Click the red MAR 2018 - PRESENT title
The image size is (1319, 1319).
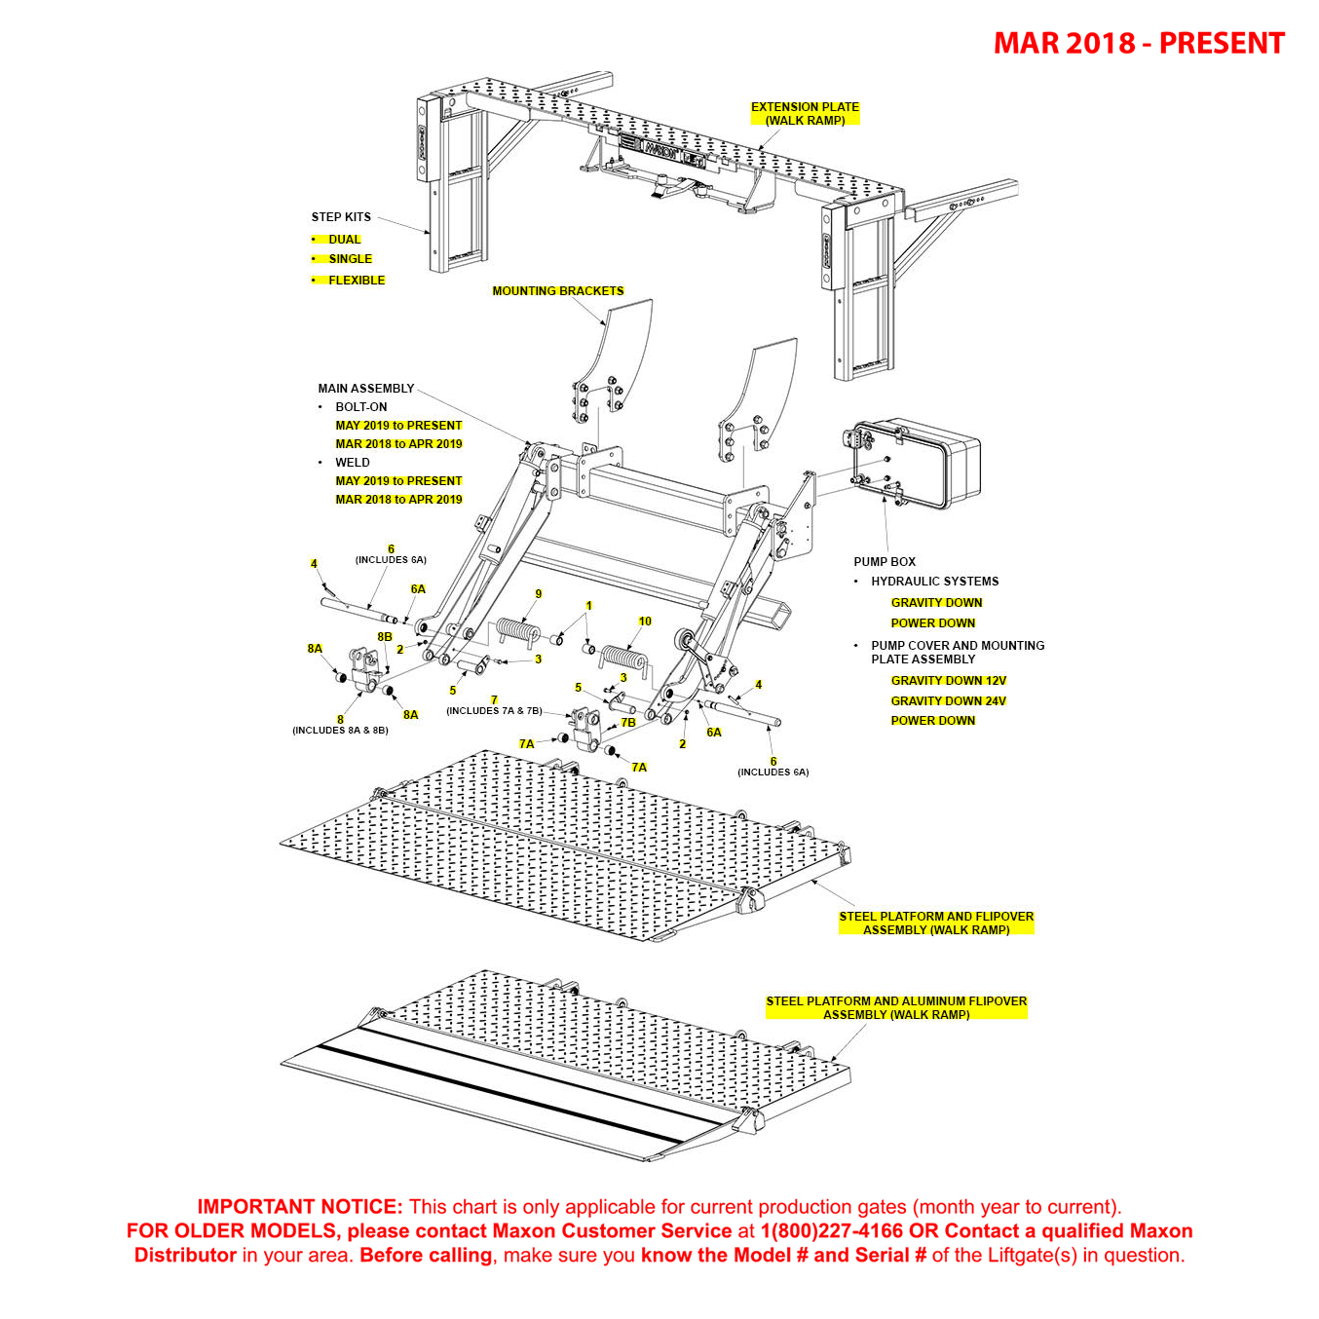1138,44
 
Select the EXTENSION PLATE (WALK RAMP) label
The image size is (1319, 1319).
805,114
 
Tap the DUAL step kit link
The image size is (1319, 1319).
344,240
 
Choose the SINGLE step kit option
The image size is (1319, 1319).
350,259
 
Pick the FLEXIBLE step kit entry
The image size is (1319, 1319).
356,281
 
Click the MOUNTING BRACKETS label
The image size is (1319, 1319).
557,291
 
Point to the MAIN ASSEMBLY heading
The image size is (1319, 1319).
365,389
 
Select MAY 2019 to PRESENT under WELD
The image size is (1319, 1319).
398,481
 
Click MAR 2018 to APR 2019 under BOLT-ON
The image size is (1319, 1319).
398,444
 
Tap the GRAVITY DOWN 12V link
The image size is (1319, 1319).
948,681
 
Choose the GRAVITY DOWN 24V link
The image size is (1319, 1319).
948,701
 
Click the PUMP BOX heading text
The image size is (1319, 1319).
885,562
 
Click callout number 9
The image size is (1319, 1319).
539,594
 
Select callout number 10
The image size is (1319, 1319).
645,622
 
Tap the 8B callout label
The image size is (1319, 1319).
385,637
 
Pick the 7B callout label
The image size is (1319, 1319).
628,723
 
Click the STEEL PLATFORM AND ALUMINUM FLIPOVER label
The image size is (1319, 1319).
896,1008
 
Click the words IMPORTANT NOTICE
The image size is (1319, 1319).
299,1207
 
